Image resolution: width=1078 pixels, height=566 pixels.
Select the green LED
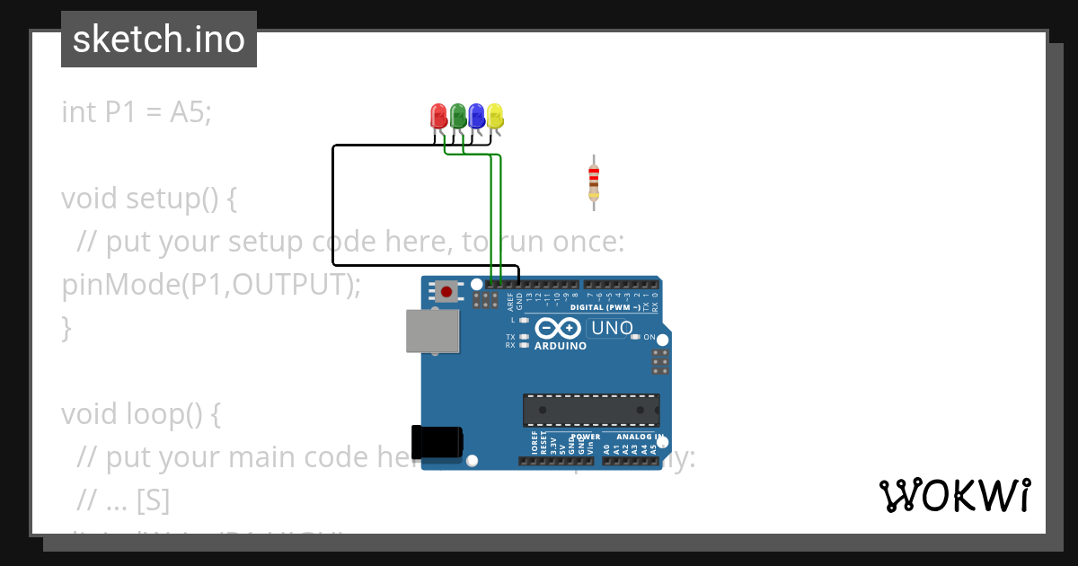[458, 116]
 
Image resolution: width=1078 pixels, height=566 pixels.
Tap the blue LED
[476, 116]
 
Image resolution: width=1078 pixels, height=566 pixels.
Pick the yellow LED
[495, 116]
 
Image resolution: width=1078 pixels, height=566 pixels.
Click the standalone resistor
[594, 181]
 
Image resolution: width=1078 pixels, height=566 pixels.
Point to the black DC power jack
[437, 441]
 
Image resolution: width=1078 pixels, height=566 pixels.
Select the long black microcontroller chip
[591, 410]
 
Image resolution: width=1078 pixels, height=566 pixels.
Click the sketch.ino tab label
[159, 40]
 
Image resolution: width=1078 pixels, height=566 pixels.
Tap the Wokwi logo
[954, 495]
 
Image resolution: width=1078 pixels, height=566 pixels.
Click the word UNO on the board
[612, 328]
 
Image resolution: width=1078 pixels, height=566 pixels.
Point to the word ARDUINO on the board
[560, 346]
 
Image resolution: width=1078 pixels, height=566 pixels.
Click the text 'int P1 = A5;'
[137, 112]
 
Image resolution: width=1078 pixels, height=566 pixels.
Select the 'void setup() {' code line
[149, 198]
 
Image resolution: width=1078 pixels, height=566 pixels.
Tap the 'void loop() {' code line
[140, 413]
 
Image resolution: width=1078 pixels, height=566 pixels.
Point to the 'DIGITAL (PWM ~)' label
[605, 307]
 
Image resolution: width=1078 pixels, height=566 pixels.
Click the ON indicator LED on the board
[635, 337]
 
